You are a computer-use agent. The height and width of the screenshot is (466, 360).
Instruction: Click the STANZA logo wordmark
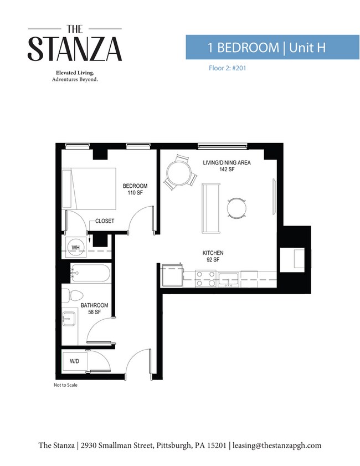click(x=75, y=49)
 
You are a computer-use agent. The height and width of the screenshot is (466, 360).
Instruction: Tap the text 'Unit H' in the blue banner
click(x=307, y=48)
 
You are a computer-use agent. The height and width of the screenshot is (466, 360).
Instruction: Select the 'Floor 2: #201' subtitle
click(x=228, y=68)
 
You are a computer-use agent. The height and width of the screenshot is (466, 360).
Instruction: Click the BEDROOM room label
click(x=135, y=186)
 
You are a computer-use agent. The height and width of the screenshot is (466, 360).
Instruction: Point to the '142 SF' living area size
click(x=227, y=170)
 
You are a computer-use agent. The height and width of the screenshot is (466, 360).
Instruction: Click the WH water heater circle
click(x=75, y=247)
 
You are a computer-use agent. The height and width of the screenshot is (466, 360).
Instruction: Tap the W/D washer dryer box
click(x=75, y=361)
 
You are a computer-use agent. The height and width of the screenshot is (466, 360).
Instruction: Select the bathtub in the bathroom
click(x=91, y=273)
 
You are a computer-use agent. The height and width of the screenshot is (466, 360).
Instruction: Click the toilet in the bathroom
click(x=72, y=295)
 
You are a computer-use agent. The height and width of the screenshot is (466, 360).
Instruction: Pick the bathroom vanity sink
click(x=69, y=319)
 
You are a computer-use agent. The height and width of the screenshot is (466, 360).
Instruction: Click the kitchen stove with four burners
click(x=205, y=279)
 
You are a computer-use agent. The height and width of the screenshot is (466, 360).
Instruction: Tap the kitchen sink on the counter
click(x=228, y=279)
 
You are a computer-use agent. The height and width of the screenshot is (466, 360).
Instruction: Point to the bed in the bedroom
click(x=89, y=189)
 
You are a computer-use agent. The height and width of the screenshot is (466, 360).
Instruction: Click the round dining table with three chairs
click(x=179, y=173)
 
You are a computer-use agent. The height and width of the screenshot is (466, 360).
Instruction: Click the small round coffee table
click(x=236, y=208)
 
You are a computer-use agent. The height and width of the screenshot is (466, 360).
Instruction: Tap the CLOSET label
click(x=105, y=221)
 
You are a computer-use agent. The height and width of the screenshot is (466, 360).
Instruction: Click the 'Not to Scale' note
click(x=65, y=385)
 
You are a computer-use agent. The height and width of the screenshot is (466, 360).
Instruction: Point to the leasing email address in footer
click(x=277, y=445)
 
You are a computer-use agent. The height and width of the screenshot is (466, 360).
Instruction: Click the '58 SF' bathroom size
click(x=95, y=312)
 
